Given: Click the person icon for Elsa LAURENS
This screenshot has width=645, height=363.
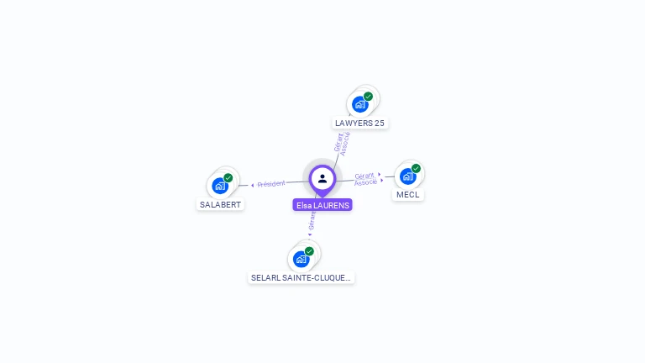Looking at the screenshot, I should tap(322, 178).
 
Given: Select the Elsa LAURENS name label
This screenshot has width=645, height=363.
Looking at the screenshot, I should tap(322, 205).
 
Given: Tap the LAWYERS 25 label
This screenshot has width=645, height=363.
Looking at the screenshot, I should tap(359, 123).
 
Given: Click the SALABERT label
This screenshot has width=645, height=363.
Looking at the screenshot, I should tap(221, 204).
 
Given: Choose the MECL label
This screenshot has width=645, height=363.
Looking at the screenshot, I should tap(407, 194).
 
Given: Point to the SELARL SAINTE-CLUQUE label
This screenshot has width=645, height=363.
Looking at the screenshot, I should tap(302, 277).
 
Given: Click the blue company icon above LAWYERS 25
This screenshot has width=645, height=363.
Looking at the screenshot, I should tap(360, 104).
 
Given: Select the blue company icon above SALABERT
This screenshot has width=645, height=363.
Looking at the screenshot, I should tap(220, 186).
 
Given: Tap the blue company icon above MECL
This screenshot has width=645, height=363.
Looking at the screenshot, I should tap(407, 176).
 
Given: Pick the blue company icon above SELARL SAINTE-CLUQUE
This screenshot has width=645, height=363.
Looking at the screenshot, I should tap(302, 259).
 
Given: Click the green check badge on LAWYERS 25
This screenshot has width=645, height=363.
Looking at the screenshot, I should tap(368, 97).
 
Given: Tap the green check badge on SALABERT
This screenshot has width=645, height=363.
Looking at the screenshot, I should tap(228, 178).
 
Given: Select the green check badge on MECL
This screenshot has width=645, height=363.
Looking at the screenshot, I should tap(416, 169).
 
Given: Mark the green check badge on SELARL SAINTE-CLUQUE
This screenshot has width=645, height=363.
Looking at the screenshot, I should tap(309, 251).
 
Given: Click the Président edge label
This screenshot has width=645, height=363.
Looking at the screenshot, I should tap(271, 183).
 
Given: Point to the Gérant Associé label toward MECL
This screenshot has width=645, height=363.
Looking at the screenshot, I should tap(364, 179).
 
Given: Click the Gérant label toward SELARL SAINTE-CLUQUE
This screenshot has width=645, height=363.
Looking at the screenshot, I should tap(312, 221).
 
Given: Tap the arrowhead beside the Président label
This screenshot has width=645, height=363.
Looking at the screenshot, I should tap(252, 185).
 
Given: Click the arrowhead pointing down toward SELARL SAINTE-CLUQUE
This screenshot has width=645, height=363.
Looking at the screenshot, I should tap(309, 234).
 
